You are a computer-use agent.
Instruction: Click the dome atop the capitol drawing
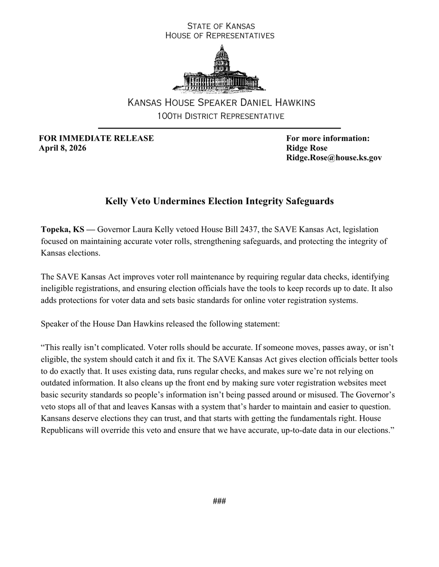click(221, 55)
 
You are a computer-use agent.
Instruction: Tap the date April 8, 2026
click(63, 148)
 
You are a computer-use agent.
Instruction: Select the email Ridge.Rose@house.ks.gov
click(333, 158)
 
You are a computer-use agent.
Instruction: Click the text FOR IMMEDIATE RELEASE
click(96, 138)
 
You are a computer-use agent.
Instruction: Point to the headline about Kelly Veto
click(219, 201)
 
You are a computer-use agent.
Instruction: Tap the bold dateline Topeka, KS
click(63, 229)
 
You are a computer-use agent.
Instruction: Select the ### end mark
click(219, 501)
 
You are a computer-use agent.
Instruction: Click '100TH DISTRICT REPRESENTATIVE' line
click(221, 116)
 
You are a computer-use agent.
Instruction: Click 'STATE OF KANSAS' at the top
click(221, 26)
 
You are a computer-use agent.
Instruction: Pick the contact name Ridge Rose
click(307, 148)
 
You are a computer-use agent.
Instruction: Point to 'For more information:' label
click(328, 138)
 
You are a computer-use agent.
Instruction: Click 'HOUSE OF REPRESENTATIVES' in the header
click(220, 35)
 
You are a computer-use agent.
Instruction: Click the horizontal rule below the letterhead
click(219, 128)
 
